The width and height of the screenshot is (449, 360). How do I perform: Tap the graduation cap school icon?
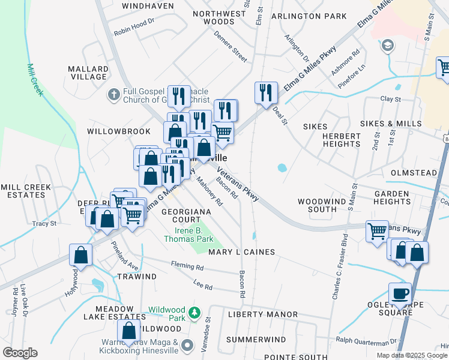[388, 46]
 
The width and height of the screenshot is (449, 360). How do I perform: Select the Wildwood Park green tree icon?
[194, 312]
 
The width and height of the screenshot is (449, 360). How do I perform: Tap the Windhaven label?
[143, 5]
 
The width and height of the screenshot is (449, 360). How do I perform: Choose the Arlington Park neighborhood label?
[309, 16]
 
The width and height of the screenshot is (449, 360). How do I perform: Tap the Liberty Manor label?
[263, 314]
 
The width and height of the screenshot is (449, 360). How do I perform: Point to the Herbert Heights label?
[342, 140]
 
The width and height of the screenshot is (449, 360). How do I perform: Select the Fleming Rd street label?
[187, 265]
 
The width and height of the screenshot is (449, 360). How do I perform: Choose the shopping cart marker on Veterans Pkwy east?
[377, 230]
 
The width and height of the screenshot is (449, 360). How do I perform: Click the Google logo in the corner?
[20, 353]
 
